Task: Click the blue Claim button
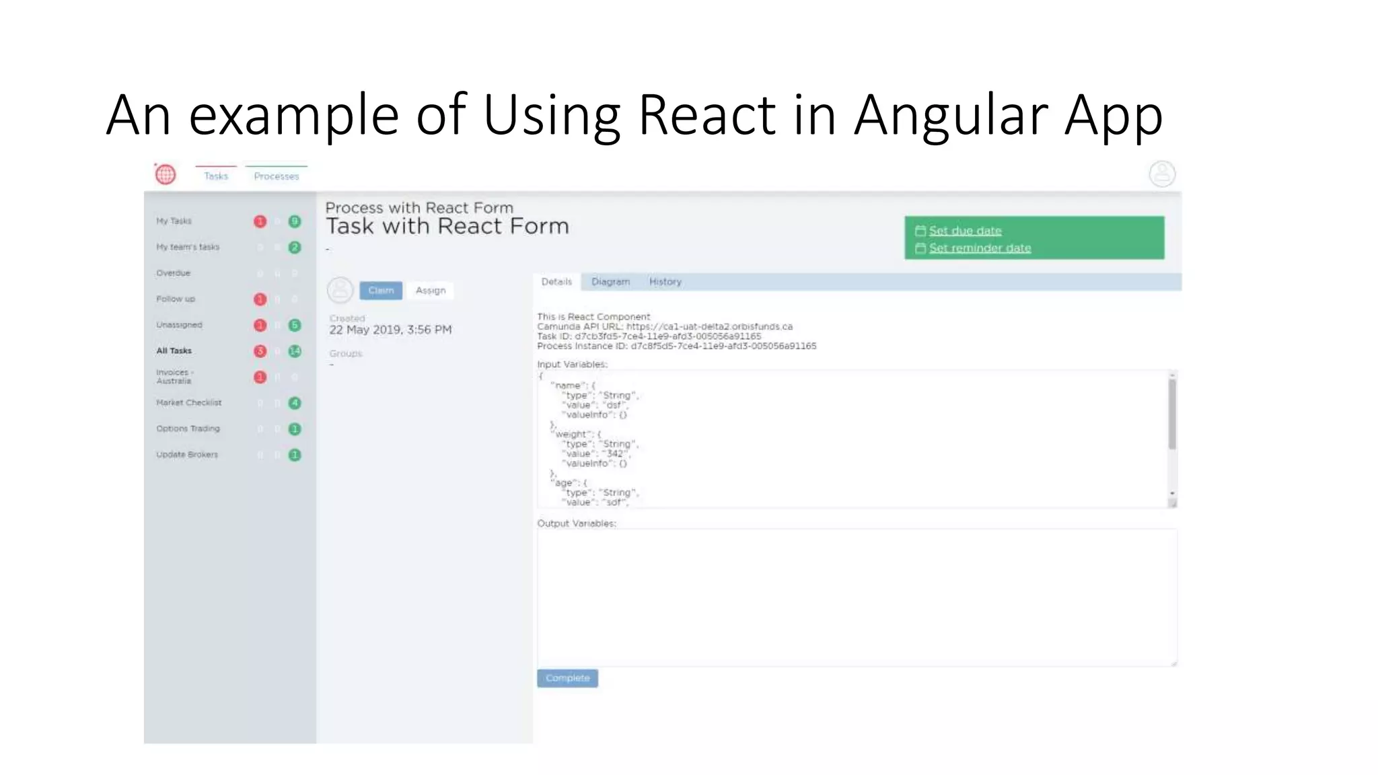coord(381,290)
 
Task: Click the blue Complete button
coord(567,678)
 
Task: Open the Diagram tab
coord(610,282)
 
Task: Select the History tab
coord(665,282)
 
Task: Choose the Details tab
coord(556,282)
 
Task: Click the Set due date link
coord(965,231)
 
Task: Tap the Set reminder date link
coord(980,248)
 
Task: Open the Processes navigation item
coord(276,176)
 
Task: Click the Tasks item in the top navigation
coord(216,176)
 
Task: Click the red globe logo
coord(166,174)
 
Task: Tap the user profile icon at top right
coord(1162,174)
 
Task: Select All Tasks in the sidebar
coord(174,350)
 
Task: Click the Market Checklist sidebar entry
coord(188,402)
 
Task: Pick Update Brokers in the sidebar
coord(187,455)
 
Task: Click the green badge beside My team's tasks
coord(295,248)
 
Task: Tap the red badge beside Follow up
coord(260,299)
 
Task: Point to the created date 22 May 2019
coord(390,330)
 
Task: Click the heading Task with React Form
coord(447,226)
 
